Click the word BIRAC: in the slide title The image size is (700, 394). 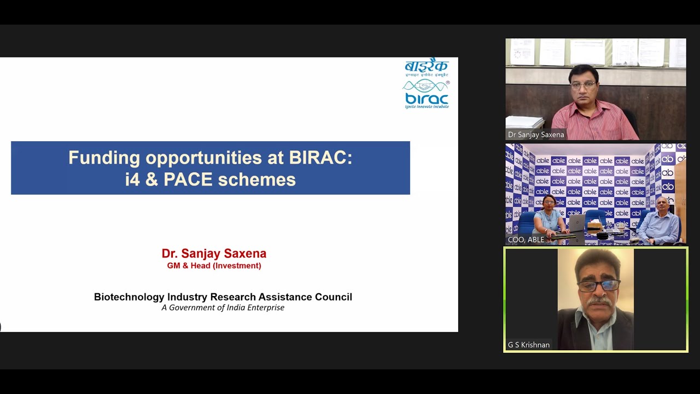(x=320, y=158)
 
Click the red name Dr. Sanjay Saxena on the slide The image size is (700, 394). (x=214, y=254)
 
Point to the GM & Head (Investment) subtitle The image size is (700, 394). (x=214, y=266)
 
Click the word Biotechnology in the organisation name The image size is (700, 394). (x=129, y=297)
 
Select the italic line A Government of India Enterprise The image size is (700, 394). (x=223, y=308)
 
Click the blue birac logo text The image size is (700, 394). (x=427, y=100)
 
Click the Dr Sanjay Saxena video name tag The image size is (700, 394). (x=536, y=135)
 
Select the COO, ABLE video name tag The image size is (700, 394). (x=526, y=240)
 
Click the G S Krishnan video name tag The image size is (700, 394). (x=529, y=345)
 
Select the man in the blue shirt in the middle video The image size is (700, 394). (x=660, y=222)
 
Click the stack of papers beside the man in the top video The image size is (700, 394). (x=524, y=122)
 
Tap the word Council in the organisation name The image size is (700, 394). (x=333, y=297)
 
